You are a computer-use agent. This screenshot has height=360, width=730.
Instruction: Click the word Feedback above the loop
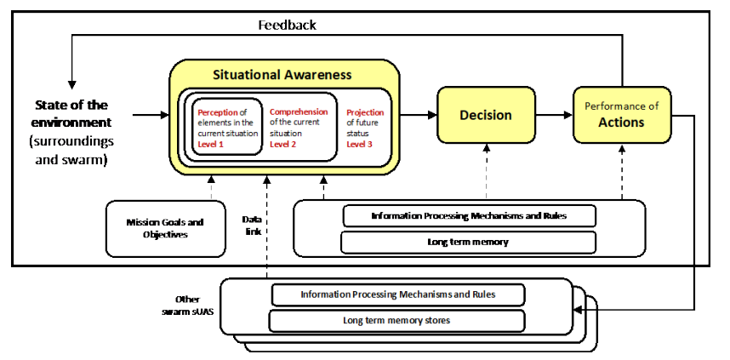(288, 25)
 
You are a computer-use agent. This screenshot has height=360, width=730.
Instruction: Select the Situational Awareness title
(282, 75)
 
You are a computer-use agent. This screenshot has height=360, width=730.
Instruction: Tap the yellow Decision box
(486, 115)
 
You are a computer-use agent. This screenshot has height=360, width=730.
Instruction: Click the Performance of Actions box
(622, 115)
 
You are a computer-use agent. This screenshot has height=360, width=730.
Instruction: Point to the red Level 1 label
(210, 145)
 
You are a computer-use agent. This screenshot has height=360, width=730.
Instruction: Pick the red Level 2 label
(282, 144)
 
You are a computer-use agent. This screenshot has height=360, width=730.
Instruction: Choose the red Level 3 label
(359, 145)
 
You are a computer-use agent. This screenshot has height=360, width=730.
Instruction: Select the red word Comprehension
(299, 111)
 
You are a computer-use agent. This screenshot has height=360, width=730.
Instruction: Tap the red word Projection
(366, 112)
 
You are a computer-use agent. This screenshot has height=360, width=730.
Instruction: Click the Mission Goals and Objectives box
(166, 229)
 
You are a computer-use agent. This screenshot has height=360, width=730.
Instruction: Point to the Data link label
(251, 225)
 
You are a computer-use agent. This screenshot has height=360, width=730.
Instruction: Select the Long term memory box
(468, 243)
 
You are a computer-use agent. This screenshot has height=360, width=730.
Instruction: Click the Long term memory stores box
(396, 320)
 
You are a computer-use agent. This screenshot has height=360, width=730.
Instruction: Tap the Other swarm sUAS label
(188, 306)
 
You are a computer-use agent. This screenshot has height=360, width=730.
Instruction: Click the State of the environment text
(71, 114)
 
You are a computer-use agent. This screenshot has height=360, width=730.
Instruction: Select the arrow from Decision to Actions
(554, 115)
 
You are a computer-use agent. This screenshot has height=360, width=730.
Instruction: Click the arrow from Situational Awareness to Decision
(418, 115)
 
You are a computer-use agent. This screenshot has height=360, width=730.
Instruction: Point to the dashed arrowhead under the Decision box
(487, 147)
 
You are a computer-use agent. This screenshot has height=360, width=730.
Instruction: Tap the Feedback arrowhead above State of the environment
(71, 85)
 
